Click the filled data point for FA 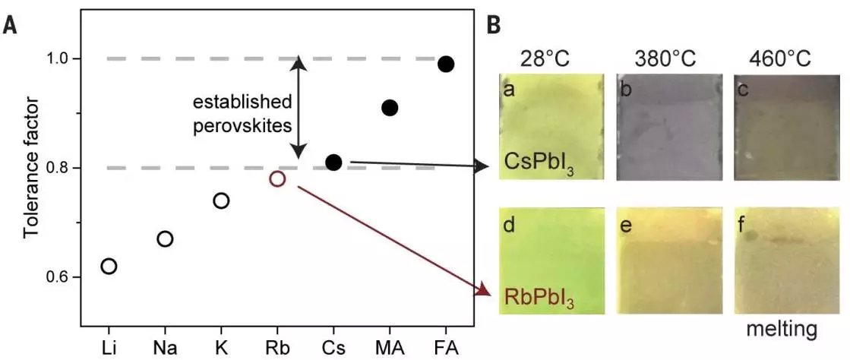(x=446, y=64)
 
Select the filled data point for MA (x=390, y=108)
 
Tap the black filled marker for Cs (x=333, y=162)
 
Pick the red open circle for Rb (x=277, y=178)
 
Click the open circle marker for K (x=221, y=201)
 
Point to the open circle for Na (x=165, y=239)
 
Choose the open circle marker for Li (x=109, y=266)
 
